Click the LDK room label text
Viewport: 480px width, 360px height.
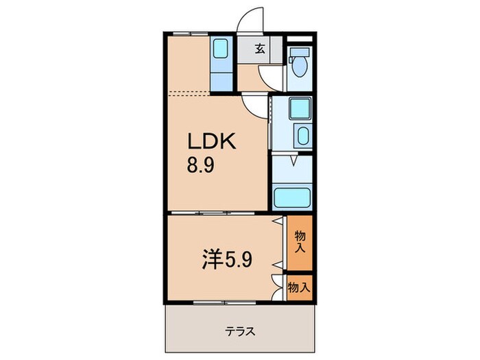[213, 142]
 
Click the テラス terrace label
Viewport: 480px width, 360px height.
[240, 331]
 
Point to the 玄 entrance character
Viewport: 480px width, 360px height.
[261, 49]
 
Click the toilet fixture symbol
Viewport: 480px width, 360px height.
[298, 63]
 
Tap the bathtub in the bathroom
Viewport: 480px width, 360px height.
[293, 198]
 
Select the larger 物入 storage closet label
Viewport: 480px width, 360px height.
[300, 242]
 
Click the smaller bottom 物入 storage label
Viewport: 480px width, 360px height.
[299, 287]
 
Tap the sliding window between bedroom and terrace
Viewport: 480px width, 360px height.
[206, 302]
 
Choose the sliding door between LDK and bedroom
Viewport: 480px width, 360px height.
[206, 215]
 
